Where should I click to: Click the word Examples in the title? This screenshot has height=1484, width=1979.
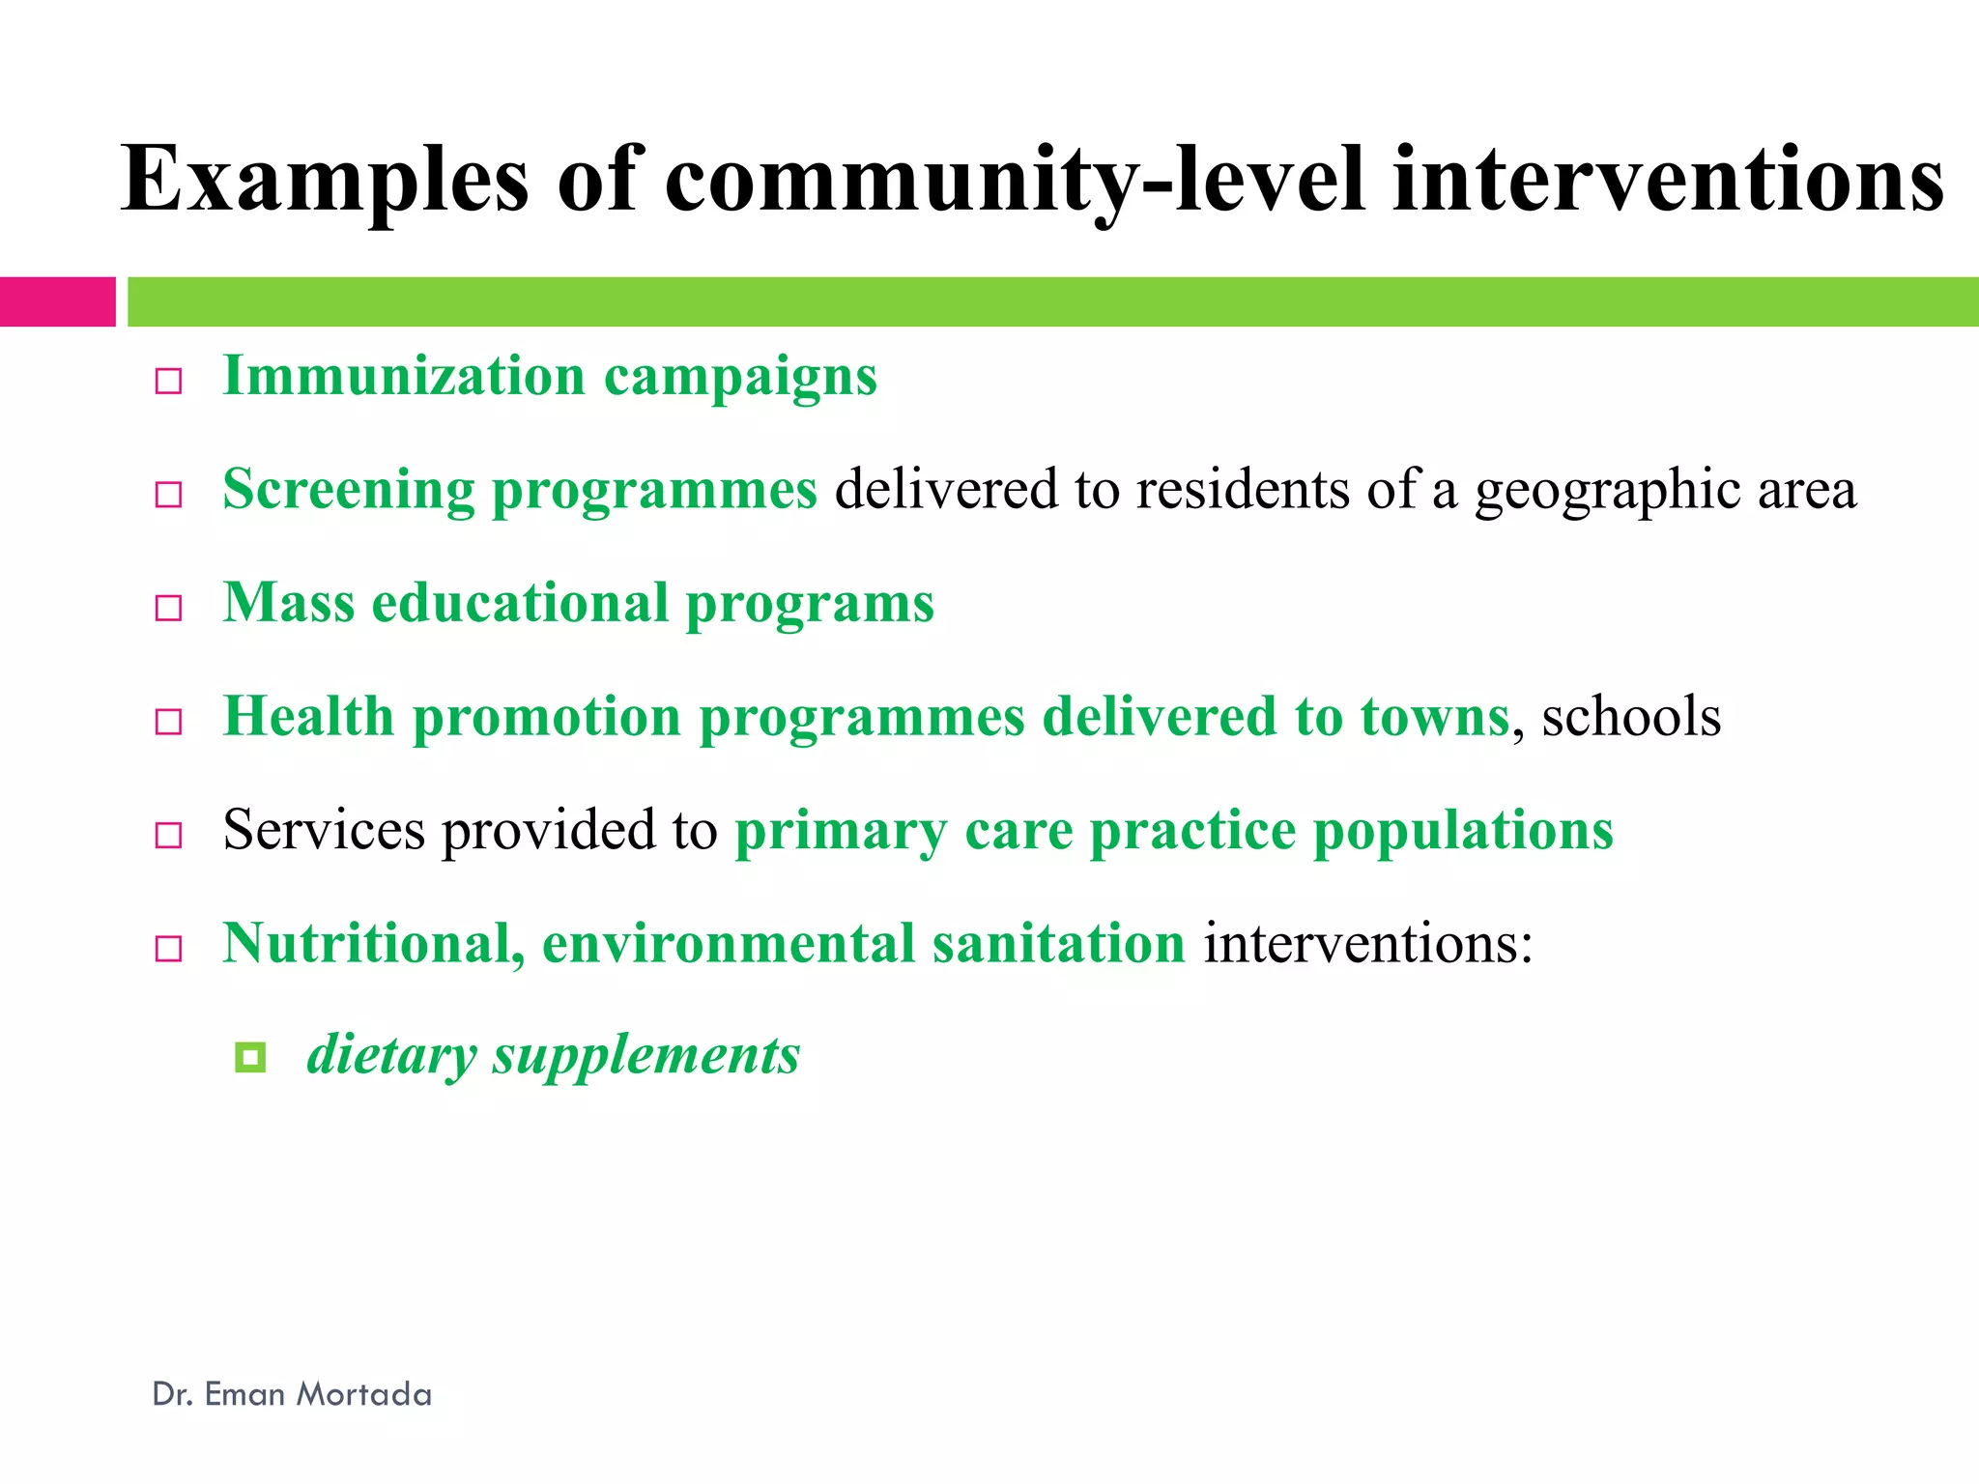tap(325, 180)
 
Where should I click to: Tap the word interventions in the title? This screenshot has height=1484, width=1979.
tap(1668, 180)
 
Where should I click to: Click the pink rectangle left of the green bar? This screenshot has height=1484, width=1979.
tap(57, 301)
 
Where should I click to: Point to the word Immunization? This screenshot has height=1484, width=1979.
tap(404, 376)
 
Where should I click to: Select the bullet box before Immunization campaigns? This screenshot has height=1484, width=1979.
tap(169, 382)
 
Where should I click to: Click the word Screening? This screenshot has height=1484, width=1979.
tap(348, 490)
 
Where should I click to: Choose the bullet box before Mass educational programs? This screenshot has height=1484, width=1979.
tap(169, 608)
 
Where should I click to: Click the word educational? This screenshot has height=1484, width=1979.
tap(520, 604)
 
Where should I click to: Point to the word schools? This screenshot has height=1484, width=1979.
tap(1631, 717)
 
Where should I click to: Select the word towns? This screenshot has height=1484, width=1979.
tap(1434, 717)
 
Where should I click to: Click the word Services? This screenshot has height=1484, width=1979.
tap(324, 830)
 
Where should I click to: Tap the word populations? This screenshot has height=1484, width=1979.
tap(1463, 832)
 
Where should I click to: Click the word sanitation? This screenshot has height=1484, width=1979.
tap(1058, 943)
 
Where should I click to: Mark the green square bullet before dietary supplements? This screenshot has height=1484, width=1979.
tap(250, 1057)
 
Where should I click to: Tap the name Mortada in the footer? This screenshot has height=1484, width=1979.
tap(363, 1394)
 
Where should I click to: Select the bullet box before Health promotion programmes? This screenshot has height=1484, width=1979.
tap(169, 722)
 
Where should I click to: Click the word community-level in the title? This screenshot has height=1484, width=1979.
tap(1015, 180)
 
